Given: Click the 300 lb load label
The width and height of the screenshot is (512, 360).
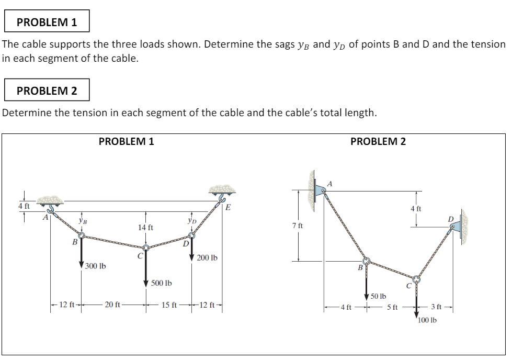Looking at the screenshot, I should tap(96, 266).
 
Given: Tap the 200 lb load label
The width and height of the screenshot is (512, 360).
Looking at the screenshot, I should tap(208, 258).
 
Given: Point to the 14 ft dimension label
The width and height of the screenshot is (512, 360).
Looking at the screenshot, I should tap(145, 228).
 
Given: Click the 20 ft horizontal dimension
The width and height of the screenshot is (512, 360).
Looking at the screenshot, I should tap(112, 305).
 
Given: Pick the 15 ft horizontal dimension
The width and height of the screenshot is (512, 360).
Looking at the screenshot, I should tap(169, 305).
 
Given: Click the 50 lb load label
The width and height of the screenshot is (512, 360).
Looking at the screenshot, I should tap(378, 296).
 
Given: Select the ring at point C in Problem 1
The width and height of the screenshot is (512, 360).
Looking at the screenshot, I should tap(146, 249).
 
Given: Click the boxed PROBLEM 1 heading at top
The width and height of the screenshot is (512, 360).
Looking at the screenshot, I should tap(47, 22).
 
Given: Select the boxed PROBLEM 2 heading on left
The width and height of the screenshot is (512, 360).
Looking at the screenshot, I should tap(47, 91).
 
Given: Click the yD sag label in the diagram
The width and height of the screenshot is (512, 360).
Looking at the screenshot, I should tap(192, 220).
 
